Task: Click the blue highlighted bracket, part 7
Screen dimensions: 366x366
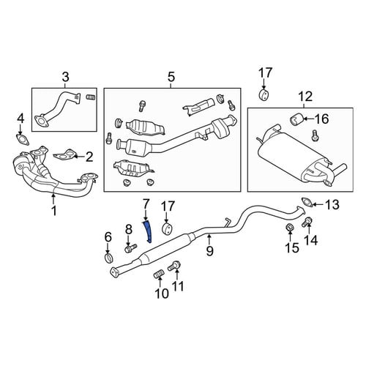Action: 147,231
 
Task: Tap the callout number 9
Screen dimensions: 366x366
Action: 209,250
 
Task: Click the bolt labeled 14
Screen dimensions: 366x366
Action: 306,222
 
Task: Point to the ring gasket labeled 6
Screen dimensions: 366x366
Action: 109,258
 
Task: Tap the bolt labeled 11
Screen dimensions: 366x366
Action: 173,266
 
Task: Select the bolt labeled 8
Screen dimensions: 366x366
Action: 130,248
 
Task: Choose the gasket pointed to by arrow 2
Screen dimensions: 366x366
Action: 64,155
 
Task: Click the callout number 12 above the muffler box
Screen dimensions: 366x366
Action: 305,96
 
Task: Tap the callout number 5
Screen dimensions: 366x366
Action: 171,77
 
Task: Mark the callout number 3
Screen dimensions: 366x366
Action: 65,77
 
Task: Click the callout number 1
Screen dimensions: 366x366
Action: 54,210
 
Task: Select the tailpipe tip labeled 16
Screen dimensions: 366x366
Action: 296,119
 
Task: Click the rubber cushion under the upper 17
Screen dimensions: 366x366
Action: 264,94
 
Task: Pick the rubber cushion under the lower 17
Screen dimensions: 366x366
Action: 168,228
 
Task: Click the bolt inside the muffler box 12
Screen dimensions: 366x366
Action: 315,135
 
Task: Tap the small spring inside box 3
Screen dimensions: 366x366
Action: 91,97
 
